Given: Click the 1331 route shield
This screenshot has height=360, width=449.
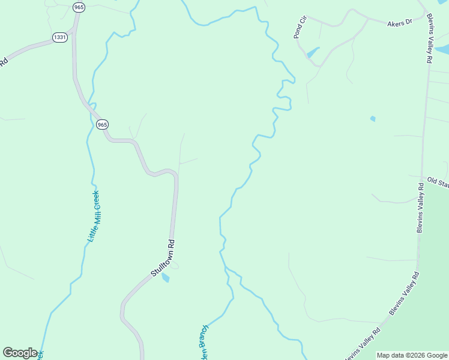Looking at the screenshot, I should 59,37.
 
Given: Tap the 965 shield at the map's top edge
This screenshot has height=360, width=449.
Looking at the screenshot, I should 79,7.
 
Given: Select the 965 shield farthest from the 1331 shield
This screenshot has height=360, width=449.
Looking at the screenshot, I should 102,124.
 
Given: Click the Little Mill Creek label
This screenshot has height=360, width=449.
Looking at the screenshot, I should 93,216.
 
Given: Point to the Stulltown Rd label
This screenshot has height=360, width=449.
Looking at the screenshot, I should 163,259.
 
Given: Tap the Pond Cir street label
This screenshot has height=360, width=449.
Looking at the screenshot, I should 300,28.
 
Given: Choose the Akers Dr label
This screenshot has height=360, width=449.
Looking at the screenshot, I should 400,22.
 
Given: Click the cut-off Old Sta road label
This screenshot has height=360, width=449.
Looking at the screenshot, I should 438,182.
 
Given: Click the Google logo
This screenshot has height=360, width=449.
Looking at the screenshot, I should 20,353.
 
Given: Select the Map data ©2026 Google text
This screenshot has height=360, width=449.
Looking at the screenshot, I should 412,355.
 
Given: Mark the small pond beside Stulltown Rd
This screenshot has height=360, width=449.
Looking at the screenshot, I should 165,278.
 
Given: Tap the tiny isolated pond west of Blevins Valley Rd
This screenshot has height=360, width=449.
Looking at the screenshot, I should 373,119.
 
